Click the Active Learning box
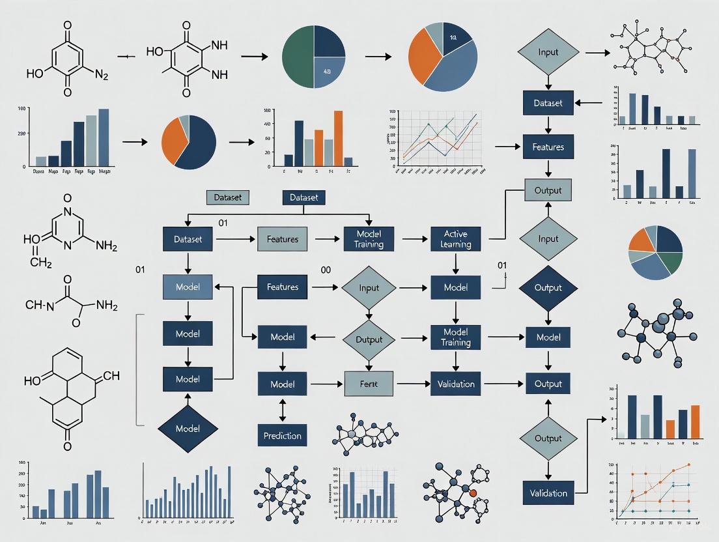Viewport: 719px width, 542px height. click(x=455, y=239)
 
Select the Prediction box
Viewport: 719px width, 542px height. click(x=282, y=435)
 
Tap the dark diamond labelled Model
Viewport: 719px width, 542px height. click(x=188, y=428)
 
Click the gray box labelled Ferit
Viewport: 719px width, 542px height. click(x=368, y=384)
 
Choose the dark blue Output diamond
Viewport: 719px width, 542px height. click(x=548, y=287)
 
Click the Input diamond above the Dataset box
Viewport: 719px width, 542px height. click(x=548, y=52)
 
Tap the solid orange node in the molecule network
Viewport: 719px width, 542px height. click(x=473, y=492)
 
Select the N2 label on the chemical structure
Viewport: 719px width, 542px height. click(x=102, y=74)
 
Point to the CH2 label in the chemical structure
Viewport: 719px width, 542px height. click(x=40, y=262)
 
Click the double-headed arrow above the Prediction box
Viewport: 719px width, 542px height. click(x=282, y=409)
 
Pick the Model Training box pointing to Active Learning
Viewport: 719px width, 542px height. click(x=369, y=239)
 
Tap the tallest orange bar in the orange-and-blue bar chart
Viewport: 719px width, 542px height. click(x=338, y=139)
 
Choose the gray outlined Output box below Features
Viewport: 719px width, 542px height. click(x=548, y=190)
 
